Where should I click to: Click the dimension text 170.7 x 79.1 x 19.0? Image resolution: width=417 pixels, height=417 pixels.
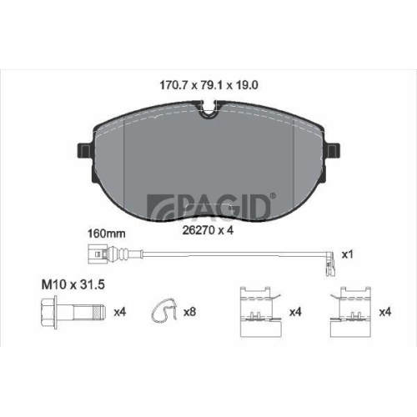click(208, 85)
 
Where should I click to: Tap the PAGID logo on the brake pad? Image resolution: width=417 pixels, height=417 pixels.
click(211, 206)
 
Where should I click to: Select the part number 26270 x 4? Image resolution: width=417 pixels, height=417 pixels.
click(208, 230)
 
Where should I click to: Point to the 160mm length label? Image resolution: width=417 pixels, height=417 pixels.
click(107, 234)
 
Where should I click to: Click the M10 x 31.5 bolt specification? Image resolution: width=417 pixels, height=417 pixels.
click(73, 284)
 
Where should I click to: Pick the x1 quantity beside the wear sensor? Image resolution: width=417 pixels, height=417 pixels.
click(347, 254)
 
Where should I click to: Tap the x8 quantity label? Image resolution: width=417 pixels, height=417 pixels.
click(189, 312)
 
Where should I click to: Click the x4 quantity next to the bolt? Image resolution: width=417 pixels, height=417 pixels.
click(120, 312)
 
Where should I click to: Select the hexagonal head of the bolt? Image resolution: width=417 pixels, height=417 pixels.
click(49, 313)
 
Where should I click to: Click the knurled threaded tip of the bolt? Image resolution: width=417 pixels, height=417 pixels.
click(101, 312)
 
